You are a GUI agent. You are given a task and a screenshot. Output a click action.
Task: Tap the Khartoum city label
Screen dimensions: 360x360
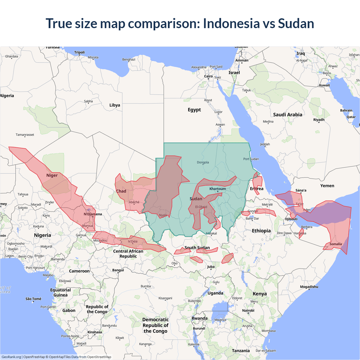coord(217,189)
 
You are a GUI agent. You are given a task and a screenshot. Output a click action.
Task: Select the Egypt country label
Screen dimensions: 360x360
coord(194,110)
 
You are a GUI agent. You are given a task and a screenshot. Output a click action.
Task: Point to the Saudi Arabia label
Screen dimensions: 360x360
coord(287,114)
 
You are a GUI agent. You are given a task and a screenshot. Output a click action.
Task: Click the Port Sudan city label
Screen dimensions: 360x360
coord(251,159)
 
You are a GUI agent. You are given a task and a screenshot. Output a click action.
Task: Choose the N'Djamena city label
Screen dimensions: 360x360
coord(93,214)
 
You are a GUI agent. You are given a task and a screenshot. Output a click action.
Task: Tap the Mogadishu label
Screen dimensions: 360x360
coord(309,287)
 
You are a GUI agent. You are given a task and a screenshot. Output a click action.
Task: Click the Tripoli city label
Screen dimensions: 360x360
coord(79,52)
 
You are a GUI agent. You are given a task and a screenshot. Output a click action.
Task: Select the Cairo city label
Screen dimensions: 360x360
coord(208,76)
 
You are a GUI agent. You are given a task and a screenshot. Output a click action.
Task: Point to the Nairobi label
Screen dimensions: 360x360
coord(248,310)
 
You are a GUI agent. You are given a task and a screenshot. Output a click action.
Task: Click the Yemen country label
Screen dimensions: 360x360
coord(327,186)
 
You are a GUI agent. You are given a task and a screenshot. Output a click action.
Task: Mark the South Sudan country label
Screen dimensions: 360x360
coord(197,247)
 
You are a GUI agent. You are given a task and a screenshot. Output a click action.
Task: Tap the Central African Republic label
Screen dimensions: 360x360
coord(128,253)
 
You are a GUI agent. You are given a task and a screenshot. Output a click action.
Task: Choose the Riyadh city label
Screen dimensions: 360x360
coord(319,120)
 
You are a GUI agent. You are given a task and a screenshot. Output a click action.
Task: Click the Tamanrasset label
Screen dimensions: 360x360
coord(25,135)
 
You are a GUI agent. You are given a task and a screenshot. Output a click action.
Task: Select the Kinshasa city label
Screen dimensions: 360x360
coord(94,332)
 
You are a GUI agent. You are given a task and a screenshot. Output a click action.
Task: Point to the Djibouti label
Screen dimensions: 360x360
coord(291,219)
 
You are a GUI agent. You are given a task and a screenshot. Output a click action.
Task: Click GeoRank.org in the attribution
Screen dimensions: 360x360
coord(11,357)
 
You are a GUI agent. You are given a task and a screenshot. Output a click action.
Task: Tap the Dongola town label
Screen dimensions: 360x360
coord(203,162)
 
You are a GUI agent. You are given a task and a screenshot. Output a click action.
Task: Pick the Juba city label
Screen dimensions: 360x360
coord(211,267)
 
